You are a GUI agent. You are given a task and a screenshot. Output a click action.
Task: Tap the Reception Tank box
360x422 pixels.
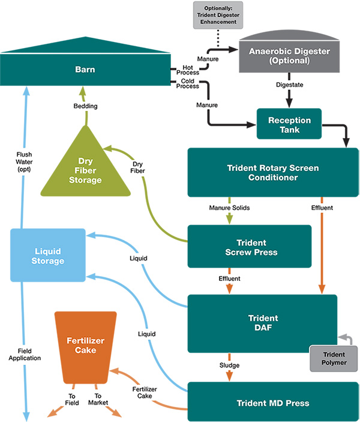pyautogui.click(x=289, y=125)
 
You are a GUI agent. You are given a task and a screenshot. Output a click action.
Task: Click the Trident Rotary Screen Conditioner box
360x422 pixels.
pyautogui.click(x=273, y=172)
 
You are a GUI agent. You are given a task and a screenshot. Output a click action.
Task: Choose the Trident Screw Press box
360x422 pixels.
pyautogui.click(x=249, y=246)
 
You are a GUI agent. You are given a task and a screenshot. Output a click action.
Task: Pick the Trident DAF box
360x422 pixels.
pyautogui.click(x=262, y=322)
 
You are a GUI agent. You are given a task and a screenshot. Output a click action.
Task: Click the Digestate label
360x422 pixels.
pyautogui.click(x=290, y=85)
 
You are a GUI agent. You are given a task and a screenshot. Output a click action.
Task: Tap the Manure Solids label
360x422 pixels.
pyautogui.click(x=230, y=208)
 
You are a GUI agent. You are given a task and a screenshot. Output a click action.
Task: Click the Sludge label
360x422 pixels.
pyautogui.click(x=229, y=364)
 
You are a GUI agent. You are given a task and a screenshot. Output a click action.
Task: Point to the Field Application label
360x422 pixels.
pyautogui.click(x=25, y=354)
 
